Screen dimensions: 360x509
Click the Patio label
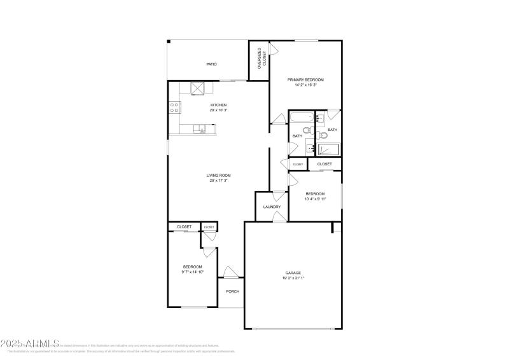coord(211,64)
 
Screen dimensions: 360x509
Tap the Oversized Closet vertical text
coord(259,58)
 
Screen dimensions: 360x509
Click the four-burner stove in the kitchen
coord(174,108)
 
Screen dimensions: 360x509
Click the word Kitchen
coord(218,105)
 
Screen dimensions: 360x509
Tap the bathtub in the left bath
coord(301,116)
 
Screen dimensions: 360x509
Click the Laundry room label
coord(272,207)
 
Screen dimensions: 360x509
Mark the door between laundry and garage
coord(278,218)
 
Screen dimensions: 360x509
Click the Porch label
coord(233,293)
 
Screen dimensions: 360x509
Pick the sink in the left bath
coord(310,149)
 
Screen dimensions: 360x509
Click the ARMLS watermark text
coord(29,343)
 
